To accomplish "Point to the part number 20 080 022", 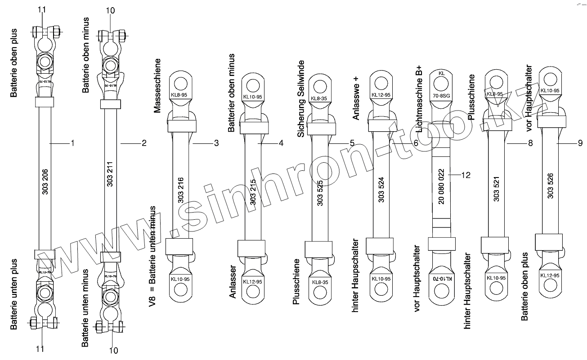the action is (441, 187).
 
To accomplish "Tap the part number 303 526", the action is (550, 186).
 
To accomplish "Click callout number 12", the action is (466, 174).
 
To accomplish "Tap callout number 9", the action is (580, 143).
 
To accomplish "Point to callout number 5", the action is (352, 143).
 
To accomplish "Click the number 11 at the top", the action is (42, 9).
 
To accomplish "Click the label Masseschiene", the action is (158, 85).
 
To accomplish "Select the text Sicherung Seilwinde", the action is (301, 98).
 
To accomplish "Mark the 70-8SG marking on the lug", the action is (441, 96).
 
